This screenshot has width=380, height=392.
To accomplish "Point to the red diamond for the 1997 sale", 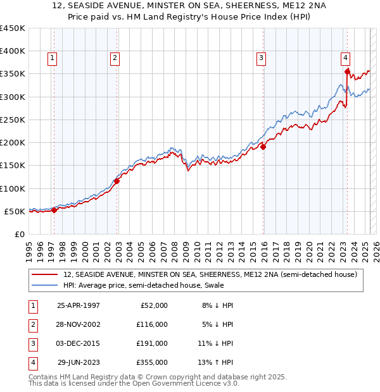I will click(54, 211).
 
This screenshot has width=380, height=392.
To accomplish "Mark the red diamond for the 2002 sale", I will click(117, 181).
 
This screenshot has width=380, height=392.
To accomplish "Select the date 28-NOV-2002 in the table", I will click(79, 324).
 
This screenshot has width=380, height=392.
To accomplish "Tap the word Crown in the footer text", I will click(156, 377).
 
